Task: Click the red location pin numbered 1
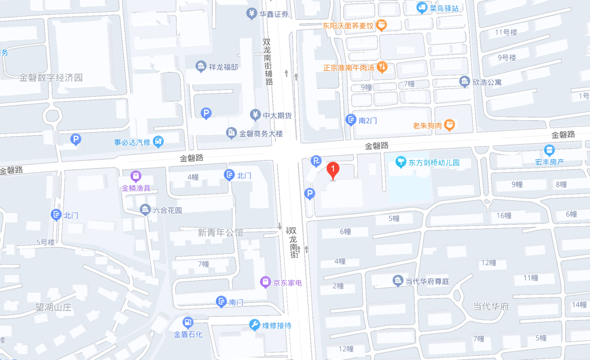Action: pyautogui.click(x=333, y=170)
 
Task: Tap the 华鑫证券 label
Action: pyautogui.click(x=274, y=14)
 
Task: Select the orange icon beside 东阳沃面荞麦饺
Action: pyautogui.click(x=381, y=25)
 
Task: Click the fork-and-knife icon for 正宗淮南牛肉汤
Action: pyautogui.click(x=382, y=67)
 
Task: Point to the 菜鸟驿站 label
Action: pyautogui.click(x=444, y=8)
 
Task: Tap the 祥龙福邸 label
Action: pyautogui.click(x=223, y=67)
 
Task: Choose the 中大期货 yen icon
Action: pyautogui.click(x=255, y=115)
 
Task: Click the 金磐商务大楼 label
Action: pyautogui.click(x=261, y=134)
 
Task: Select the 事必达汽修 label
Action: pyautogui.click(x=132, y=142)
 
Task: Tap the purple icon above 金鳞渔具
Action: pyautogui.click(x=136, y=176)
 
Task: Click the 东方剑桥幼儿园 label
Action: pyautogui.click(x=434, y=163)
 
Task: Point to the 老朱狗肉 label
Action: pyautogui.click(x=427, y=125)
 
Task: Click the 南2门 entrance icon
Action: pyautogui.click(x=351, y=120)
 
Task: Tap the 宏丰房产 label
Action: pyautogui.click(x=549, y=162)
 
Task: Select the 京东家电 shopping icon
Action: pyautogui.click(x=265, y=282)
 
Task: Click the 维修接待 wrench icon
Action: pyautogui.click(x=254, y=324)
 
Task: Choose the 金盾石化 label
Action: pyautogui.click(x=188, y=334)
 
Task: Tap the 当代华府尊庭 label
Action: pyautogui.click(x=427, y=281)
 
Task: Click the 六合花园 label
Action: pyautogui.click(x=167, y=210)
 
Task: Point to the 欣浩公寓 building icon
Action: pyautogui.click(x=464, y=81)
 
